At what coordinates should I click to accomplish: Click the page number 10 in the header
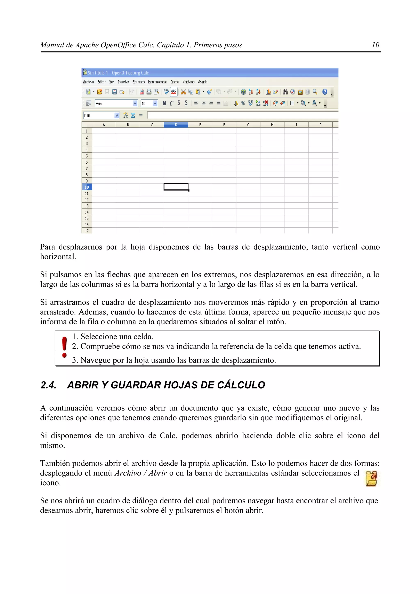tap(375, 45)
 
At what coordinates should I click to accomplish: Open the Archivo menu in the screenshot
tap(88, 82)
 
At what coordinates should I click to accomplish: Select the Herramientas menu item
tap(157, 82)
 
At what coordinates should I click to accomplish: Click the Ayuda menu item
tap(203, 82)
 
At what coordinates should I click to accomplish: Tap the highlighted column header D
tap(176, 125)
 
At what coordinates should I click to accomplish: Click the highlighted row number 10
tap(87, 187)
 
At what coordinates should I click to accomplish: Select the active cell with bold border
tap(176, 187)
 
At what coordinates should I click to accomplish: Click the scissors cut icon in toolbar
tap(183, 92)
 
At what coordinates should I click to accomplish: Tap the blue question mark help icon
tap(325, 92)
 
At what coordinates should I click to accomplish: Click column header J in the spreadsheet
tap(320, 125)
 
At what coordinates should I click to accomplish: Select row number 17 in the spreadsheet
tap(87, 231)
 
